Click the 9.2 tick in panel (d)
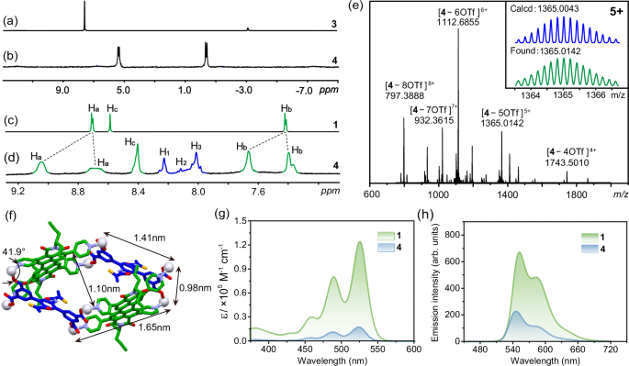point(18,191)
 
